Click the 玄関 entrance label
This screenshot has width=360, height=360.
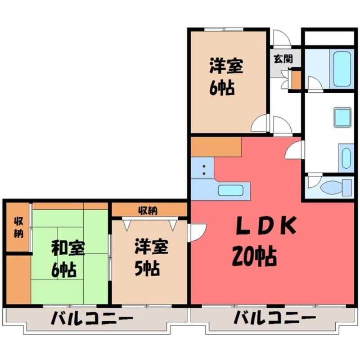pyautogui.click(x=283, y=59)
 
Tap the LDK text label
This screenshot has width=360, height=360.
pyautogui.click(x=266, y=226)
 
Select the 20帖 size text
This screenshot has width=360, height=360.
pyautogui.click(x=254, y=256)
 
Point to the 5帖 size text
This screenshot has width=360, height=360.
pyautogui.click(x=147, y=269)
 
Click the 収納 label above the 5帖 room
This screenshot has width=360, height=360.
pyautogui.click(x=148, y=210)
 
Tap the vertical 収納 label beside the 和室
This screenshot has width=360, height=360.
pyautogui.click(x=19, y=228)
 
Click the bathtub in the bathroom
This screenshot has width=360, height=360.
pyautogui.click(x=342, y=68)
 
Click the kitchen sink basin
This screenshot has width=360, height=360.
pyautogui.click(x=231, y=190)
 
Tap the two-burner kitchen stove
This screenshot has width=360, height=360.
pyautogui.click(x=202, y=168)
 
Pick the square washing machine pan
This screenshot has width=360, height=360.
pyautogui.click(x=342, y=117)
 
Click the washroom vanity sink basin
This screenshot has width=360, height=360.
pyautogui.click(x=346, y=158)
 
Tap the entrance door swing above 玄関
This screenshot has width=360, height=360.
pyautogui.click(x=282, y=37)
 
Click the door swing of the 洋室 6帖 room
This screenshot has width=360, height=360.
pyautogui.click(x=260, y=123)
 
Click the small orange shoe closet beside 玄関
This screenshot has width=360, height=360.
pyautogui.click(x=296, y=80)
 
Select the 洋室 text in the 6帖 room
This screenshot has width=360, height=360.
pyautogui.click(x=226, y=66)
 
